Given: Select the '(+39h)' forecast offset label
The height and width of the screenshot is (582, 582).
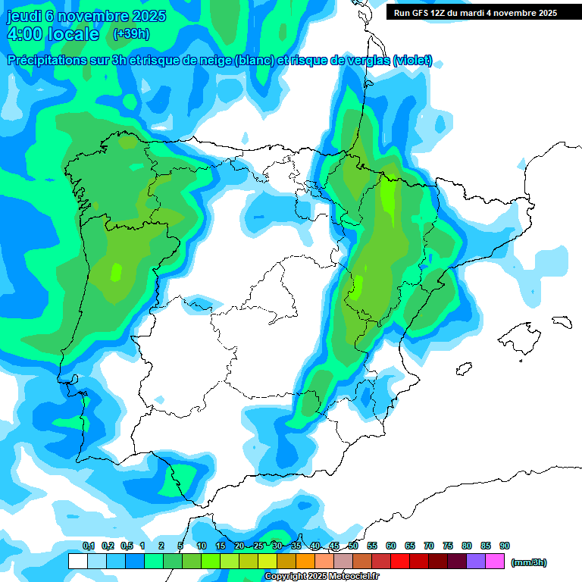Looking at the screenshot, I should coord(130,34).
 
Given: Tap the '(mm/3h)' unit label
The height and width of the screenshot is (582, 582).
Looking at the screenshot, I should coord(528,562).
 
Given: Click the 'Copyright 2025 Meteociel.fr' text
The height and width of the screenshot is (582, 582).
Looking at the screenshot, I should coord(321,577).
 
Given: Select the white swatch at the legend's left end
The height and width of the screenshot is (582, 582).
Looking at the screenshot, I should coord(77,562).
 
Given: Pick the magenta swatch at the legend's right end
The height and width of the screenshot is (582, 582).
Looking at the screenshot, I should coord(495,562).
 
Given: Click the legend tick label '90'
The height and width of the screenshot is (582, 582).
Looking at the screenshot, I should coord(505,546).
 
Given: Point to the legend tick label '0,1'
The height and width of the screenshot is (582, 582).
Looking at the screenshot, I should coord(89,546).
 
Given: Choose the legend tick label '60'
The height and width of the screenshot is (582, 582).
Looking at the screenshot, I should coord(391,546).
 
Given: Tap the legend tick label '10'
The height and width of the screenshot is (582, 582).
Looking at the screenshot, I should coord(202,546).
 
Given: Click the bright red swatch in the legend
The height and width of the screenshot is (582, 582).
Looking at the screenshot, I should coord(400,562).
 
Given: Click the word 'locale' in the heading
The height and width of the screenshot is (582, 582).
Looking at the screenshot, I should coord(72,34).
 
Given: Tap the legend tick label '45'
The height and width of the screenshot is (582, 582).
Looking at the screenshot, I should coord(334,546).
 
